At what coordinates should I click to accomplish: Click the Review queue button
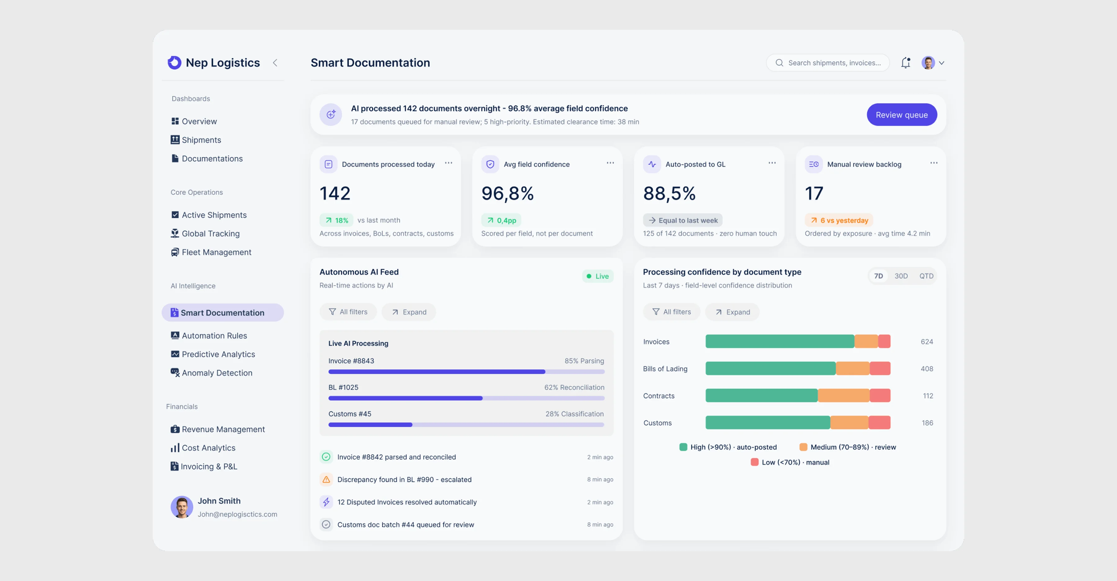tap(901, 115)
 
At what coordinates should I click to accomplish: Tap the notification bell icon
tap(905, 63)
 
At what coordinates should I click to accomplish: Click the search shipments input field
tap(828, 63)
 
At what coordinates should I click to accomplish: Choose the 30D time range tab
tap(901, 276)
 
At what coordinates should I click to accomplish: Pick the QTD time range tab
tap(926, 276)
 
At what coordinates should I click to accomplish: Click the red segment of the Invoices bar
tap(884, 342)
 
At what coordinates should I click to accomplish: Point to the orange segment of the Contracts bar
tap(843, 395)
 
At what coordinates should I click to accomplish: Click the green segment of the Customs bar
tap(768, 423)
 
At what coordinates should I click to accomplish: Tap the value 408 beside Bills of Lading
tap(926, 369)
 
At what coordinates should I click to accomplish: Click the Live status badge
tap(598, 276)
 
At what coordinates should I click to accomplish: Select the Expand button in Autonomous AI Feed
tap(409, 312)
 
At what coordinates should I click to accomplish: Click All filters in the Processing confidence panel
tap(672, 312)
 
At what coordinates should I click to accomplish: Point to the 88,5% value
tap(669, 193)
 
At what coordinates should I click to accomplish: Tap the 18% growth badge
tap(336, 220)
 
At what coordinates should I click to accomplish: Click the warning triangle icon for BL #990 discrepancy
tap(326, 480)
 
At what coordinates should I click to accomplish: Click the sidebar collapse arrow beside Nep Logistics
tap(275, 63)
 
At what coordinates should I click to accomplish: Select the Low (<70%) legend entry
tap(790, 462)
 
